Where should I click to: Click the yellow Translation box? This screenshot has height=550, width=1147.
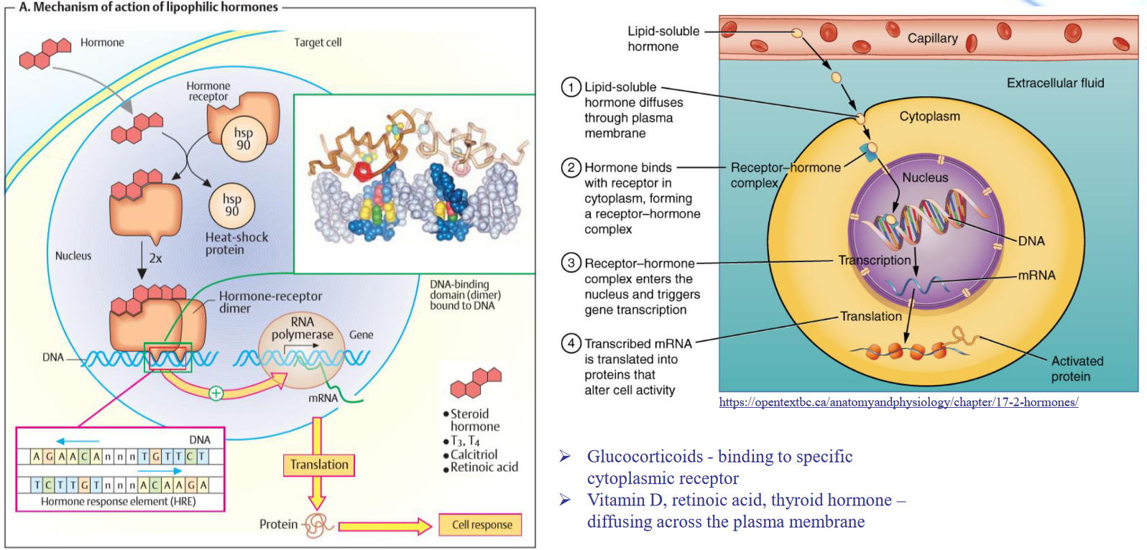pos(319,465)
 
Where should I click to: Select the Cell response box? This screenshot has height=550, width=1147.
pos(482,525)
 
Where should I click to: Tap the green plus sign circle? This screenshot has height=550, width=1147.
pos(216,393)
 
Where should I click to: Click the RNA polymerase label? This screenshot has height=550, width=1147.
pos(302,328)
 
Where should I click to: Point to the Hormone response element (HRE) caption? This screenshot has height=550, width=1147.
pos(118,501)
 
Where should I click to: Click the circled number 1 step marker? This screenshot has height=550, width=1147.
pos(571,88)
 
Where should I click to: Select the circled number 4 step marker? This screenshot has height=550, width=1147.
pos(571,343)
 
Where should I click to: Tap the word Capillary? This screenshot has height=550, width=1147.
pos(932,38)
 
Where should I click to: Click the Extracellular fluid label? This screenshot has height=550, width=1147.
pos(1055,83)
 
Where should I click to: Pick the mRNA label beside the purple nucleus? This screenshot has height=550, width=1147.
pos(1036,275)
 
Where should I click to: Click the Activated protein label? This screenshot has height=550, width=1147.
pos(1076,368)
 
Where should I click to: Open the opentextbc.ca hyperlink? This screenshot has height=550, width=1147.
pos(898,402)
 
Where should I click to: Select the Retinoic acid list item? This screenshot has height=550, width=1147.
pos(484,467)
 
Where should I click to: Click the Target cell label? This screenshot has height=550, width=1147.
pos(318,42)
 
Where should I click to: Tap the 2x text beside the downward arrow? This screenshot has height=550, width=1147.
pos(155,258)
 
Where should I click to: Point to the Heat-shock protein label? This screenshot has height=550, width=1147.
pos(236,243)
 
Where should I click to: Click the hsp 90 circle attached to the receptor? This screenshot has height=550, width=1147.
pos(244,139)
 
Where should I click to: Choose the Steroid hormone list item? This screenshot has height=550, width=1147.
pos(474,420)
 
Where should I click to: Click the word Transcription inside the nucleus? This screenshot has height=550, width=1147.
pos(874,260)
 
